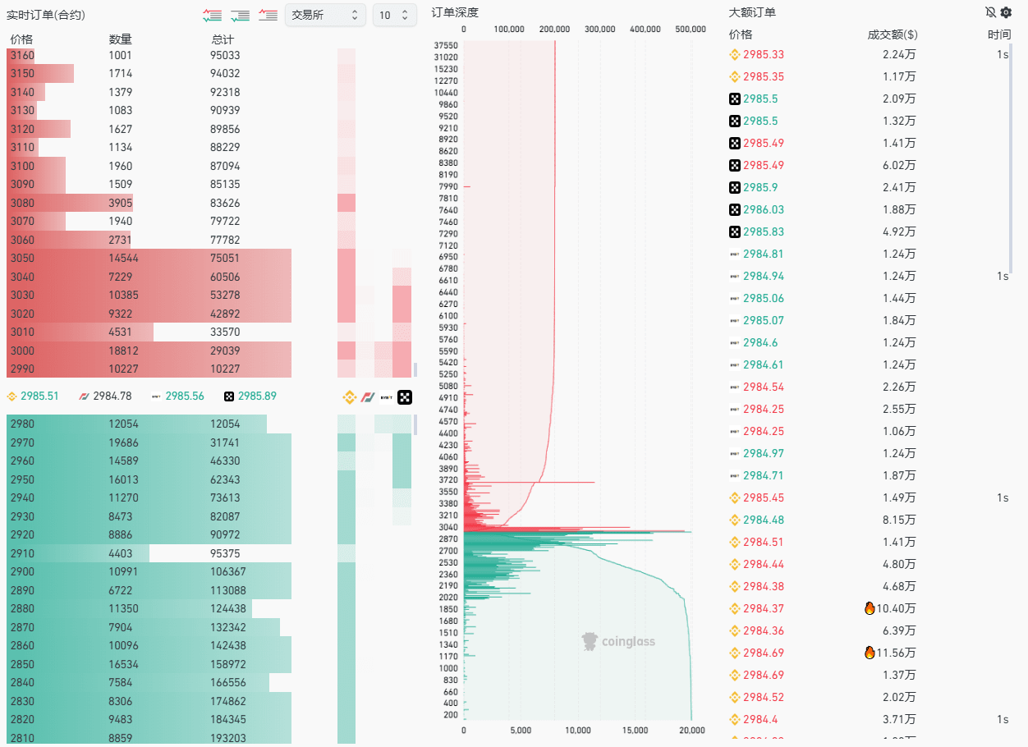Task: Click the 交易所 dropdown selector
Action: pos(325,15)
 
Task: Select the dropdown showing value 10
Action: pos(394,15)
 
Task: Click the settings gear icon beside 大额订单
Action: pos(1006,12)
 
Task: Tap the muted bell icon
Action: pos(990,12)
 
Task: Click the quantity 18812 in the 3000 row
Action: pos(121,351)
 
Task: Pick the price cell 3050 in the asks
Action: pos(23,258)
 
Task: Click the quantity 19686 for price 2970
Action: pos(121,442)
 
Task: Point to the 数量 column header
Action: pos(120,39)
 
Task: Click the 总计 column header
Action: pos(222,39)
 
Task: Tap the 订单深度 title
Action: pos(454,12)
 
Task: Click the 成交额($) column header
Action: pos(893,34)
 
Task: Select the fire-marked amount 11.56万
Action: pos(897,653)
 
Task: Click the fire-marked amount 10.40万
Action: pos(897,608)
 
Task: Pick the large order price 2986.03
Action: pos(763,209)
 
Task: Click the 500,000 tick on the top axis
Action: pos(690,29)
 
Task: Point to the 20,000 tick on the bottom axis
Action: pos(692,731)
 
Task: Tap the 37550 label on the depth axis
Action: pos(447,45)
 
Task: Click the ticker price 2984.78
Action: pos(112,396)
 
